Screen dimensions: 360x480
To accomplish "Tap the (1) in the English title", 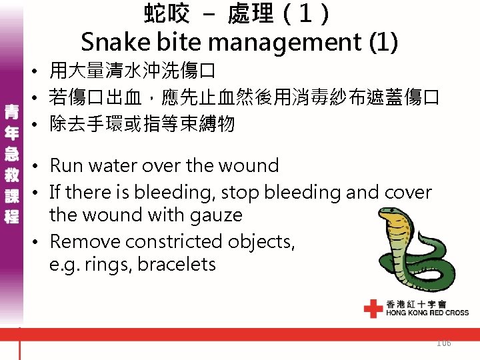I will (383, 42).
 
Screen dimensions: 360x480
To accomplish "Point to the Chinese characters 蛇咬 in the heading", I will (167, 13).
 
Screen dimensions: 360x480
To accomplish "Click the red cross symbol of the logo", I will (373, 308).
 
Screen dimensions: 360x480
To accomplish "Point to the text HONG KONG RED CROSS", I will (427, 312).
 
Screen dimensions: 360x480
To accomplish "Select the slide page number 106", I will (443, 343).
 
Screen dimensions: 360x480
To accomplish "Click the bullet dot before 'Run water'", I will (40, 166).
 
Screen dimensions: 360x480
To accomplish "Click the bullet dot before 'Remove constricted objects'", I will (40, 241).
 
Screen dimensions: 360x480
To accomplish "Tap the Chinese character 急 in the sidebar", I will (11, 153).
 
